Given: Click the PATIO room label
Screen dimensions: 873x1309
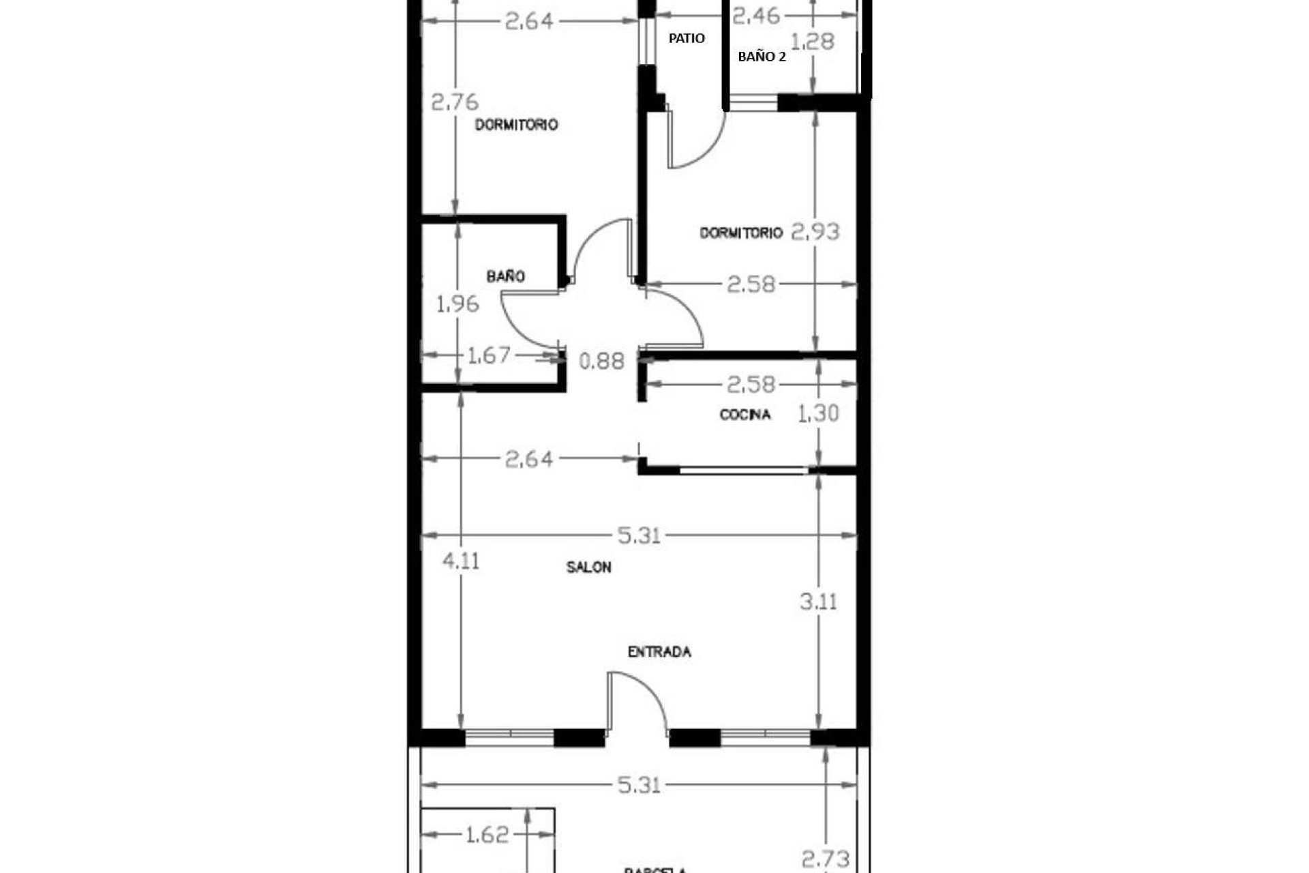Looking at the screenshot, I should tap(687, 38).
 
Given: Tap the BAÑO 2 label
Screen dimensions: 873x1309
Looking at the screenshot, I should tap(762, 57).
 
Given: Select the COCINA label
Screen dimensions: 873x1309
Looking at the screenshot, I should tap(745, 415).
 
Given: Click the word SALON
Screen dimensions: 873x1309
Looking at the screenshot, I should tap(588, 567).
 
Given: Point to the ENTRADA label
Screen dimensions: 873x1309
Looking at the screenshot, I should tap(659, 652).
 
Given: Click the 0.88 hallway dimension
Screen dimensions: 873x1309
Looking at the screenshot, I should tap(601, 361).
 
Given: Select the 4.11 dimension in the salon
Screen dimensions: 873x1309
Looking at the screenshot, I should tap(461, 561).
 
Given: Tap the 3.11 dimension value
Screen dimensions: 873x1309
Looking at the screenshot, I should tap(817, 602).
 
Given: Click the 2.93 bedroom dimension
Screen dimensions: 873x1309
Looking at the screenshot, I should tap(815, 232).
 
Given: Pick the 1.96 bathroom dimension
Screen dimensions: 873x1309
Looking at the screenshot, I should tap(457, 304).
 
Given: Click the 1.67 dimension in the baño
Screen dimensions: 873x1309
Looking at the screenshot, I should tap(488, 355).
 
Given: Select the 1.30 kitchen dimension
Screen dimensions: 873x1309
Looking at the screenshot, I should tap(817, 413).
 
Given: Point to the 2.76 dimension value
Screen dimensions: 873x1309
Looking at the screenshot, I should tap(455, 102).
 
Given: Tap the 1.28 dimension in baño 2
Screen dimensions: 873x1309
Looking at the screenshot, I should tap(813, 42).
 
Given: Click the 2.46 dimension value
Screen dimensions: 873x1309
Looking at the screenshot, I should tap(755, 15).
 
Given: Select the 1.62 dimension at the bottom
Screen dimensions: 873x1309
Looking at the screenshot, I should tap(487, 835).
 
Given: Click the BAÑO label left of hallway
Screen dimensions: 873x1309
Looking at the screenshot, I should tap(505, 276).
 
